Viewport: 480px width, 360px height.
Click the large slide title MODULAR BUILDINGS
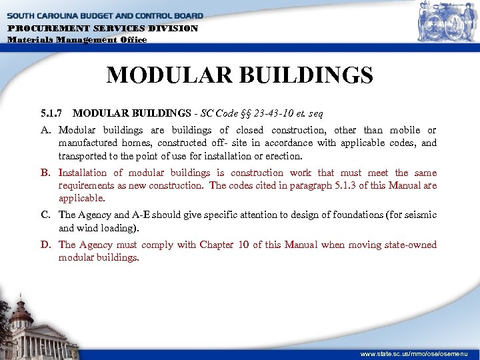239,75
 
